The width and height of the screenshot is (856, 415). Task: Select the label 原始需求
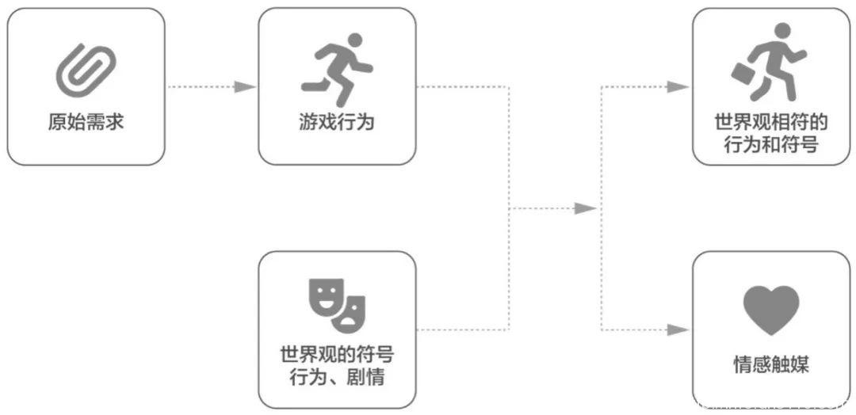pyautogui.click(x=86, y=123)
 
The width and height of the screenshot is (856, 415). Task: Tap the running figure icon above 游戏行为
pyautogui.click(x=337, y=69)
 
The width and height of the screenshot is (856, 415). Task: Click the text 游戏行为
pyautogui.click(x=337, y=123)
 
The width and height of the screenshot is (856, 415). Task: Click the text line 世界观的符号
pyautogui.click(x=337, y=352)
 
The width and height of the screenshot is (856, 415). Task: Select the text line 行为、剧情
pyautogui.click(x=337, y=376)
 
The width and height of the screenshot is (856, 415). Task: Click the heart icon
pyautogui.click(x=771, y=310)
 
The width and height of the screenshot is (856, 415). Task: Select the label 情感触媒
pyautogui.click(x=771, y=365)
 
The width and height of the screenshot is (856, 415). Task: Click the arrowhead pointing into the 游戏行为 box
pyautogui.click(x=246, y=87)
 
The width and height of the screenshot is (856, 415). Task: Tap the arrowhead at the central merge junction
pyautogui.click(x=585, y=208)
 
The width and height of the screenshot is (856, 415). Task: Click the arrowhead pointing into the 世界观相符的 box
pyautogui.click(x=678, y=87)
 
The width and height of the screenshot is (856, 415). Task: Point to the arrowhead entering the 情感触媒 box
pyautogui.click(x=678, y=329)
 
